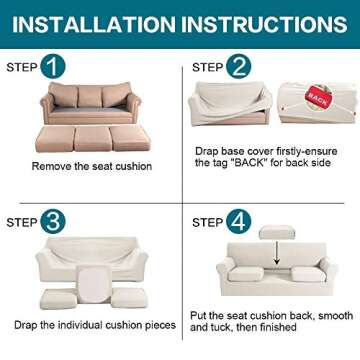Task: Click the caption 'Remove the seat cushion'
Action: (93, 165)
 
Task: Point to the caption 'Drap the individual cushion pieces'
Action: (91, 325)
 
